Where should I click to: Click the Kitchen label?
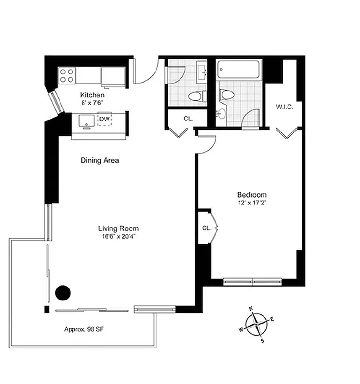92,95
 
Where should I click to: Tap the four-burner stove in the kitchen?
67,75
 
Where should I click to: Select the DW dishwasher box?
105,119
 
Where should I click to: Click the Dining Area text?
99,160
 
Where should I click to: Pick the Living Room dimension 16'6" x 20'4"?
119,236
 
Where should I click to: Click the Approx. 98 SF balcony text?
85,330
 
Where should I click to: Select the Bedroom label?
252,195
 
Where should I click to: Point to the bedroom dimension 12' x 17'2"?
252,203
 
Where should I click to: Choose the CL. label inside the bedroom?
206,228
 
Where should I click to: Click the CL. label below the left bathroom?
188,119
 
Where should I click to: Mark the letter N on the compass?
251,309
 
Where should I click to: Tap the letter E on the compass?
273,319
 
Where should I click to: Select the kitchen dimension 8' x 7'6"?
92,102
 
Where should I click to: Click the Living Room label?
119,228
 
